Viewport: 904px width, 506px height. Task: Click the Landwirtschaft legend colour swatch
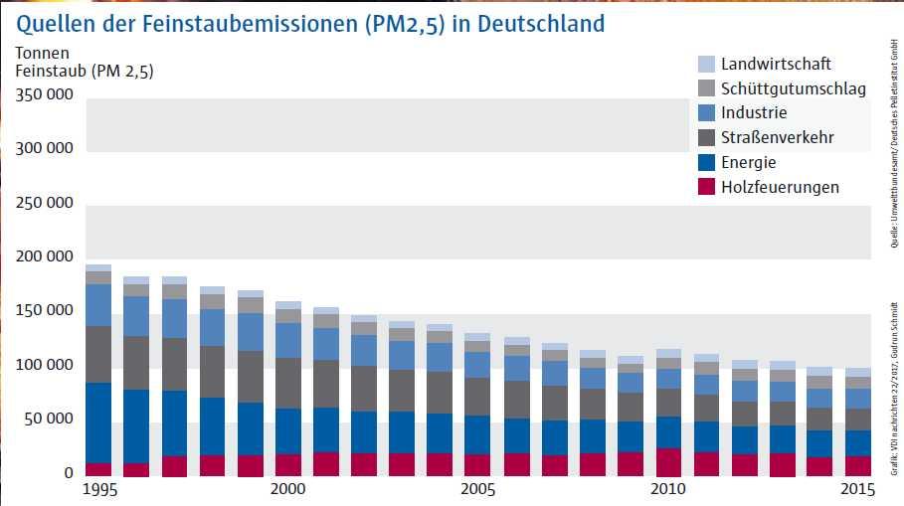click(706, 64)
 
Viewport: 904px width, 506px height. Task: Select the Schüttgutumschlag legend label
click(794, 88)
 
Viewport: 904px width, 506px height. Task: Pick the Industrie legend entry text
click(754, 112)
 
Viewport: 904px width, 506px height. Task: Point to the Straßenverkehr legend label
click(778, 137)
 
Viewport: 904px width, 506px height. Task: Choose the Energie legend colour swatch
click(706, 162)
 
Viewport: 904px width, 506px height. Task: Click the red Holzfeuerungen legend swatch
click(706, 187)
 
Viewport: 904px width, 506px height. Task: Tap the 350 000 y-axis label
click(46, 95)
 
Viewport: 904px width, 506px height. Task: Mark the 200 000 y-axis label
click(46, 257)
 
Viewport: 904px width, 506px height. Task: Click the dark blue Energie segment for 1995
click(98, 422)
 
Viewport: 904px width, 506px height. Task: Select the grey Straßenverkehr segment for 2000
click(288, 383)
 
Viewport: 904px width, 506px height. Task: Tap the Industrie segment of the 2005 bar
click(478, 364)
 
